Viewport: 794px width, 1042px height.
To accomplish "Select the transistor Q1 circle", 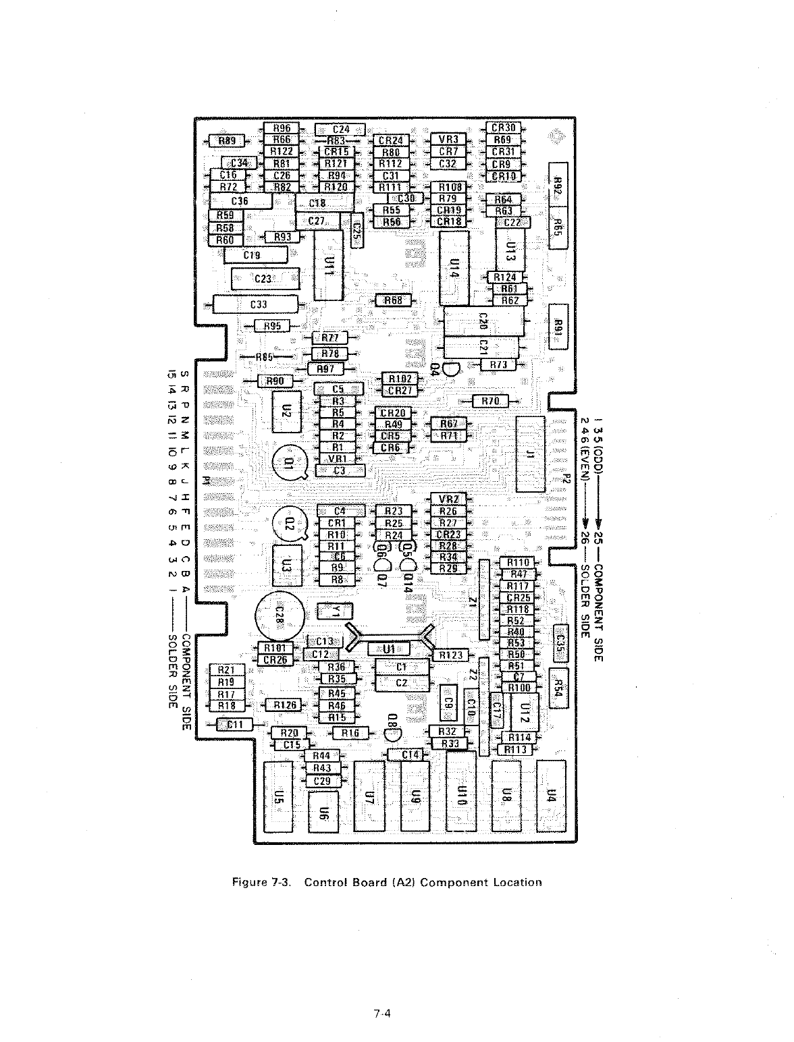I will coord(289,464).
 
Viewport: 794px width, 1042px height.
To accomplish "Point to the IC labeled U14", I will coord(454,269).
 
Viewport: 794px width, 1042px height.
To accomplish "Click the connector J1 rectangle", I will coord(530,454).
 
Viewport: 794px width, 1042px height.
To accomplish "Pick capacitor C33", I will coord(257,304).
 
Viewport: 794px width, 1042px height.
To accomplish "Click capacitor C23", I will coord(264,279).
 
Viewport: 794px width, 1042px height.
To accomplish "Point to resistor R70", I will coord(491,401).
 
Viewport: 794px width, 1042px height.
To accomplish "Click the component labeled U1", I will coord(389,649).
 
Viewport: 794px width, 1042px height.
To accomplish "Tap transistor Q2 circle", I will coord(289,524).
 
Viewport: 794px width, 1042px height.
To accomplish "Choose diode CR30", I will coord(503,128).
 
